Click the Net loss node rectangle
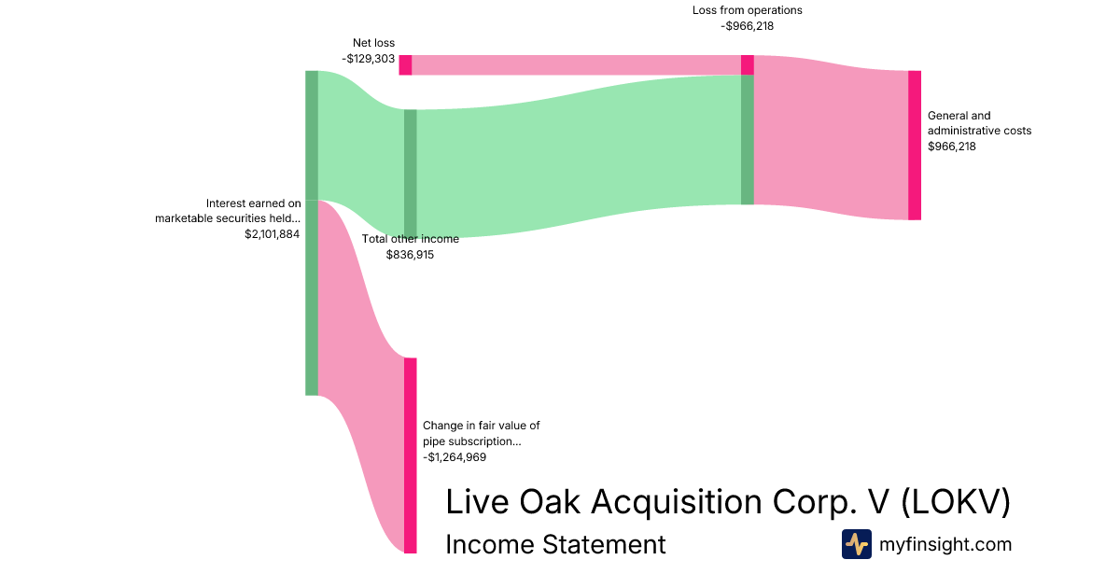click(405, 65)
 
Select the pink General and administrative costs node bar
click(915, 146)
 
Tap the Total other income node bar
click(410, 174)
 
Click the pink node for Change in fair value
click(410, 455)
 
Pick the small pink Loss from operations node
click(747, 65)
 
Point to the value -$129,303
click(369, 59)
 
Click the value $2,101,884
click(272, 234)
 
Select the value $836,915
click(410, 255)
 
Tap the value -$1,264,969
click(455, 457)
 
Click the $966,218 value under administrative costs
click(951, 147)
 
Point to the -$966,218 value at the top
click(747, 26)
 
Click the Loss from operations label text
click(747, 10)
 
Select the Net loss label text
click(373, 43)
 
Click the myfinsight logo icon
click(857, 544)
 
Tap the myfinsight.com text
click(945, 544)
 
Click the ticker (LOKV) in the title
click(956, 501)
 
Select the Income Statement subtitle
click(555, 544)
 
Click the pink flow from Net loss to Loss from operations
click(576, 65)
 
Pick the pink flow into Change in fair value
click(361, 370)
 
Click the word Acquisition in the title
click(676, 502)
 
